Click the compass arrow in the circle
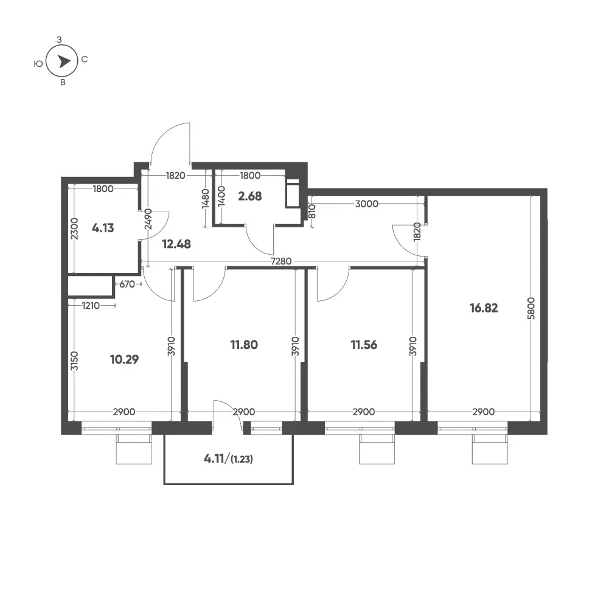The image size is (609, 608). coord(64,61)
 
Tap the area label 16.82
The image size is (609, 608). coord(484,308)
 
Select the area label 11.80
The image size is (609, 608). coord(244,345)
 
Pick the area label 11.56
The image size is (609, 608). coord(364,345)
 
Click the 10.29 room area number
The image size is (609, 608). coord(124,359)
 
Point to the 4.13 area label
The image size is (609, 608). coord(103,228)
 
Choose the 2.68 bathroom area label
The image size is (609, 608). coord(249,196)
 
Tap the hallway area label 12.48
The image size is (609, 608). coord(176,244)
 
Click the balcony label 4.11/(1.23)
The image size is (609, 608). coord(228,459)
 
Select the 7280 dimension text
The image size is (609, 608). coord(281,261)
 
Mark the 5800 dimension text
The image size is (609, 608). coord(531,308)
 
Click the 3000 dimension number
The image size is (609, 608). coord(367,204)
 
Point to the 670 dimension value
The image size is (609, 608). coord(127,284)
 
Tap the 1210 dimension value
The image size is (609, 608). coord(91,306)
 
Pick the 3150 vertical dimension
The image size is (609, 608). coord(75,361)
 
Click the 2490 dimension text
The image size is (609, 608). coord(148,219)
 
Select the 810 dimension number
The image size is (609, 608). coord(312,211)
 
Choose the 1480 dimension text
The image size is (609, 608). coord(206,198)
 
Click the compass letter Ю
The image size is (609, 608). coord(38,64)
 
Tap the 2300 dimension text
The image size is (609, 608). coord(75,229)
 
